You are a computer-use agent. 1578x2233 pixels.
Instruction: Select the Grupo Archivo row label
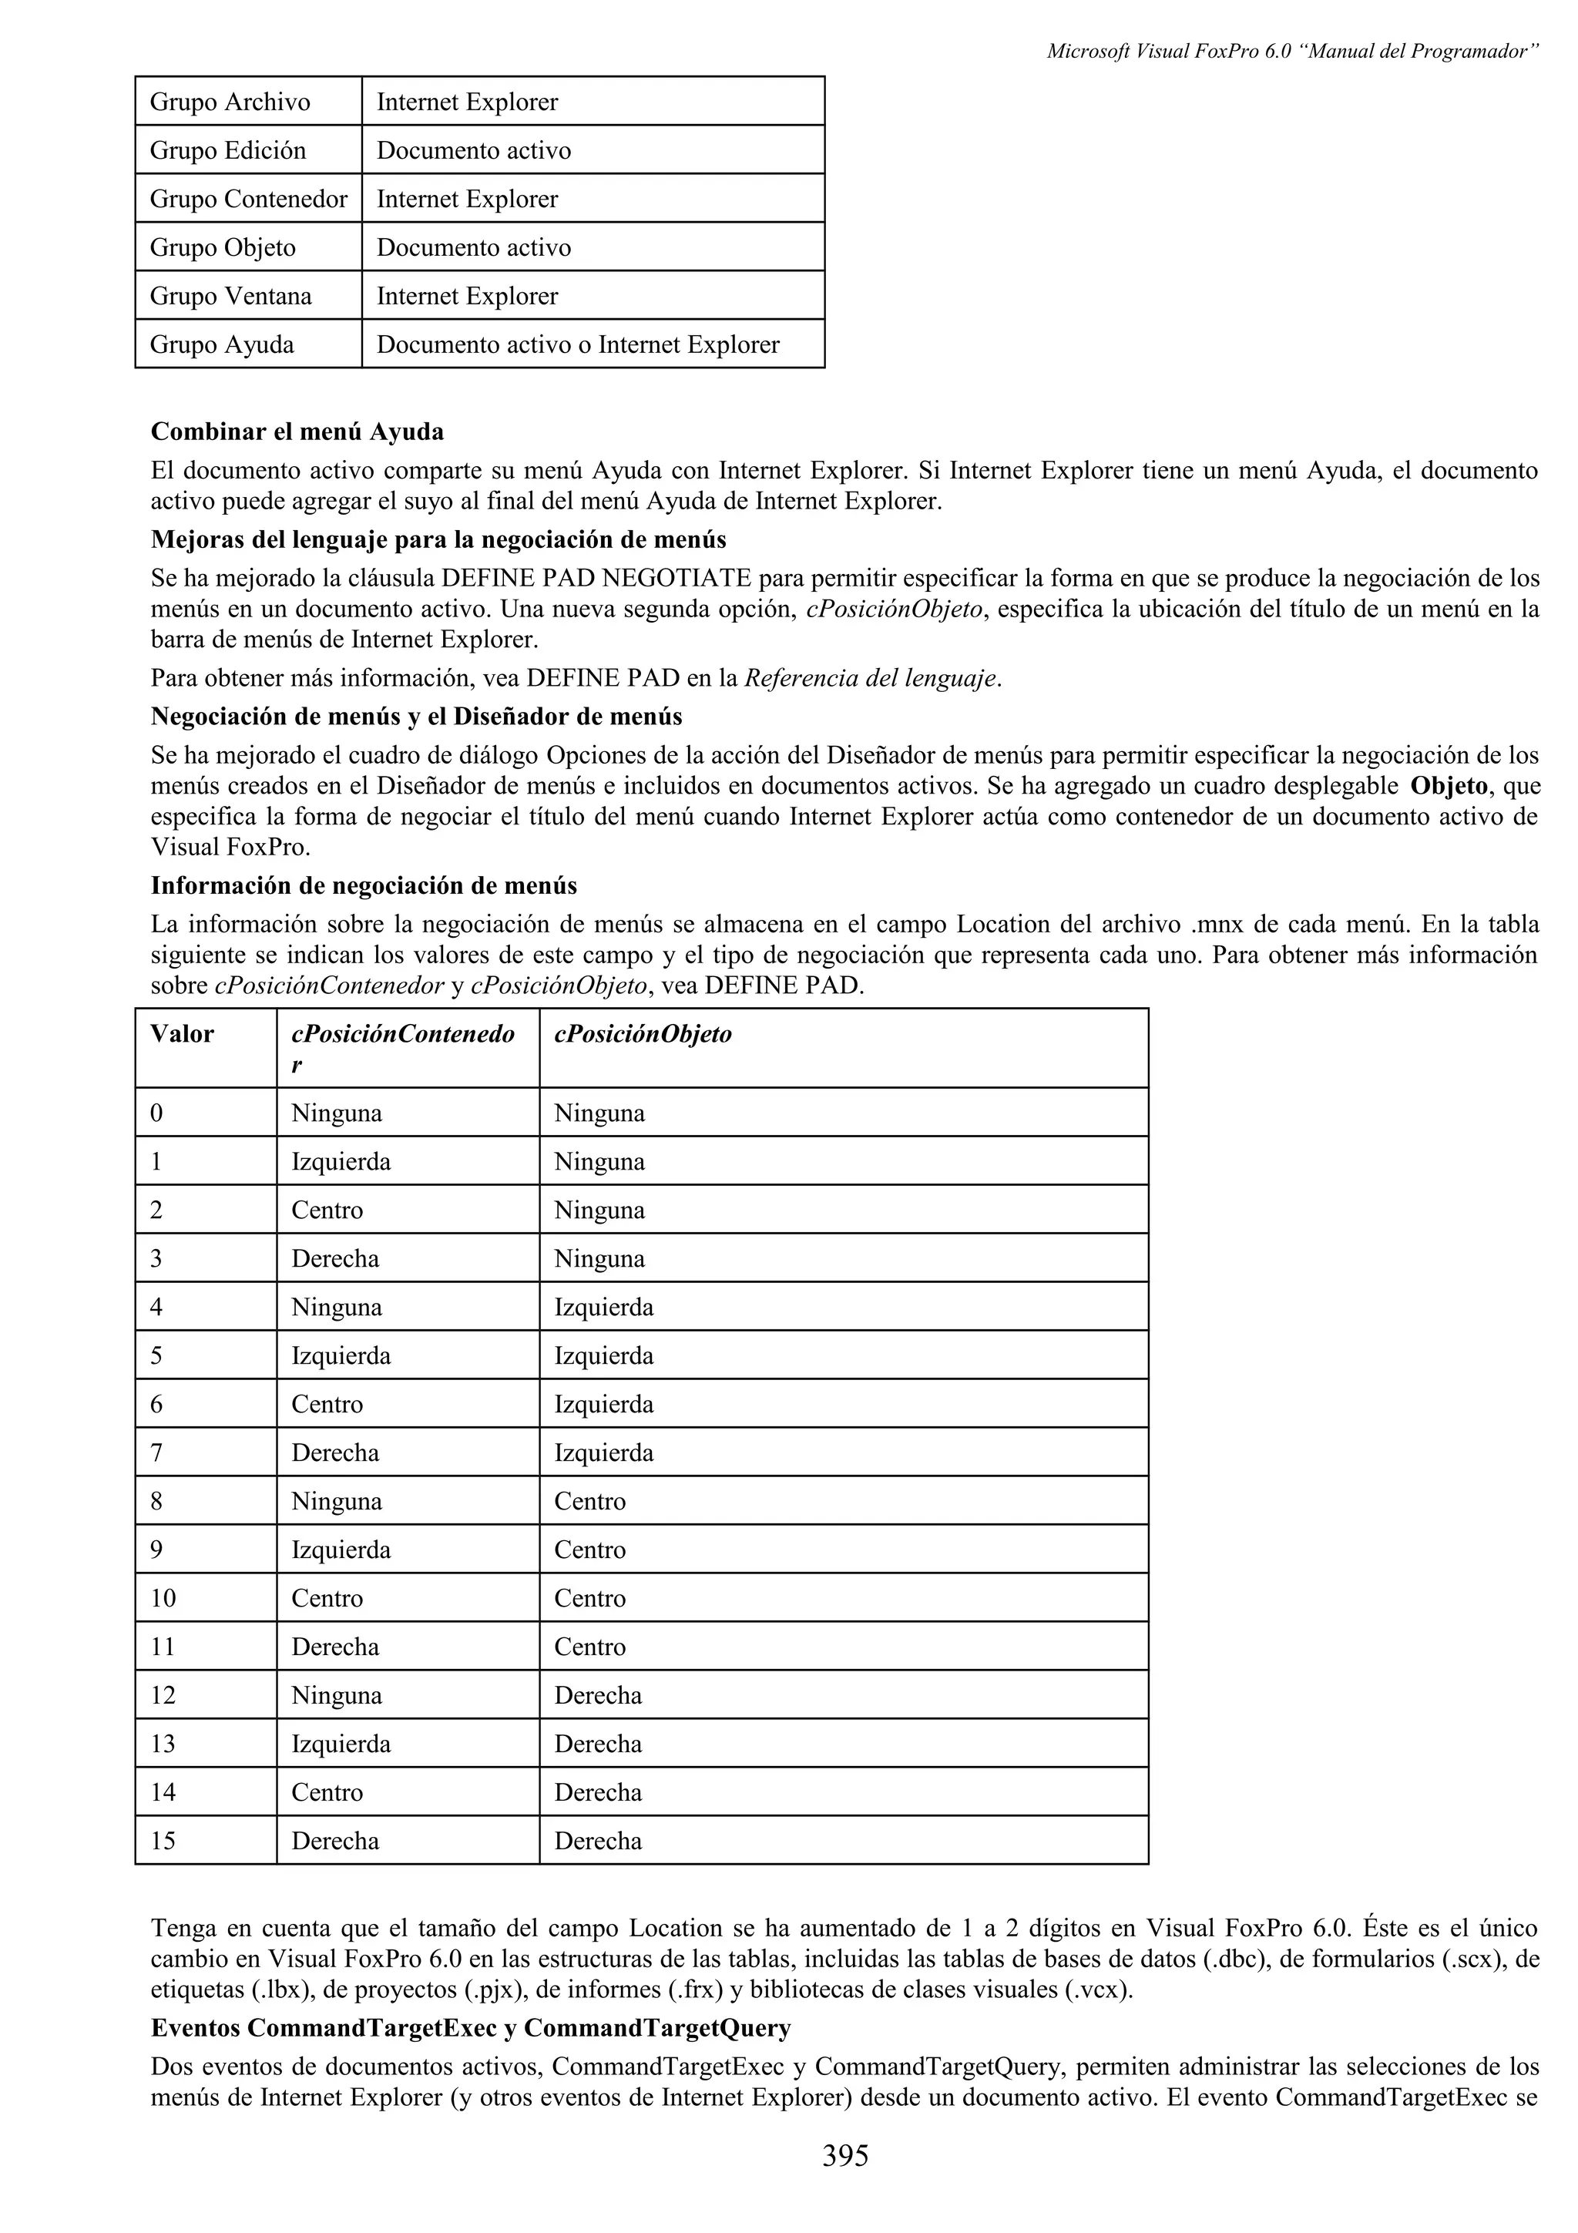point(230,102)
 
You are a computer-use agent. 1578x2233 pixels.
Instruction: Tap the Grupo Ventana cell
point(230,296)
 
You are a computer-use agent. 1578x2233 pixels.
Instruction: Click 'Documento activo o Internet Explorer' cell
point(578,344)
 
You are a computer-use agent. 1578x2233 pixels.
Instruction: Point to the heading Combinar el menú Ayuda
point(297,431)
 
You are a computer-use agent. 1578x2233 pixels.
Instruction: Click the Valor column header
point(182,1034)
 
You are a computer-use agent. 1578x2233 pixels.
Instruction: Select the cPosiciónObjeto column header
point(643,1034)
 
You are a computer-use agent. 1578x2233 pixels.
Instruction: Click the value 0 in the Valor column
point(156,1113)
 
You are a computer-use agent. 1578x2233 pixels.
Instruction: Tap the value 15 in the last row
point(163,1840)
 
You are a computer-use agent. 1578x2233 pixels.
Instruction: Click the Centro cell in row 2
point(327,1210)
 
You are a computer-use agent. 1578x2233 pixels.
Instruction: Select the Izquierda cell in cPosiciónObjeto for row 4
point(604,1307)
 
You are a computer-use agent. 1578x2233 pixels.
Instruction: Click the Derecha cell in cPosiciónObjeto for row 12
point(598,1695)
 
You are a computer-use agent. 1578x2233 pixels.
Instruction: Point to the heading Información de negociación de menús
point(364,886)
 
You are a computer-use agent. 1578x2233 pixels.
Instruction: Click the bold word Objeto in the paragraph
point(1449,786)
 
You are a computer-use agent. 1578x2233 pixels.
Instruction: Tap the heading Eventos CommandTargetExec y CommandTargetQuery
point(471,2028)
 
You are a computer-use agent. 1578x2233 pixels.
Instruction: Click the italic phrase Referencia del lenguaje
point(870,679)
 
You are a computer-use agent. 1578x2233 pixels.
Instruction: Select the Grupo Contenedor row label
point(248,200)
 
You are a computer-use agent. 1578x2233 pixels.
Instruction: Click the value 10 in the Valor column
point(163,1598)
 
